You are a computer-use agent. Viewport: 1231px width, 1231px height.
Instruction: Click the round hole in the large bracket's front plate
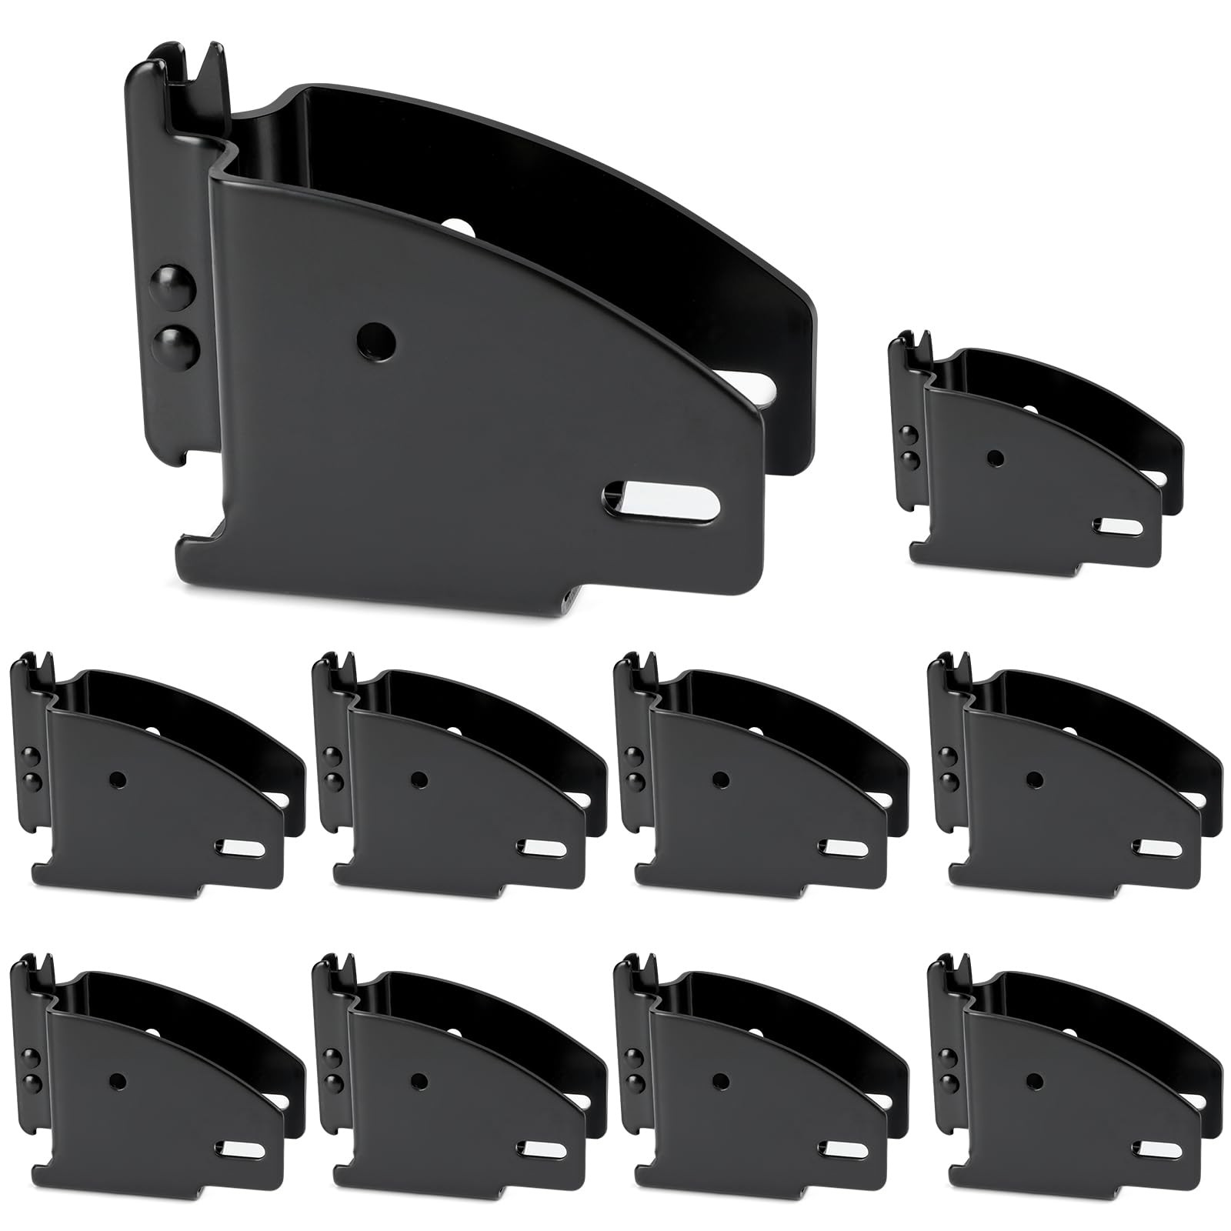[376, 336]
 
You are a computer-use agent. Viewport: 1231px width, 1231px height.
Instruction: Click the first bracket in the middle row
[154, 777]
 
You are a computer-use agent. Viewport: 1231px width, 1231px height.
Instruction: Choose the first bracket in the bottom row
[154, 1077]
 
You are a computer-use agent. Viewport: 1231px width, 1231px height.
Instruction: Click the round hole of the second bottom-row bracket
[418, 1079]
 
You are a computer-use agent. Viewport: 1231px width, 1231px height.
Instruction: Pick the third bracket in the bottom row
[758, 1077]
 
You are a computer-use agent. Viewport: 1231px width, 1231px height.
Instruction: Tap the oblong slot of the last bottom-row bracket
[1159, 1149]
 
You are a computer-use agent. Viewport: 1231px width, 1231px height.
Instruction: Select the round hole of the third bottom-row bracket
[720, 1079]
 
